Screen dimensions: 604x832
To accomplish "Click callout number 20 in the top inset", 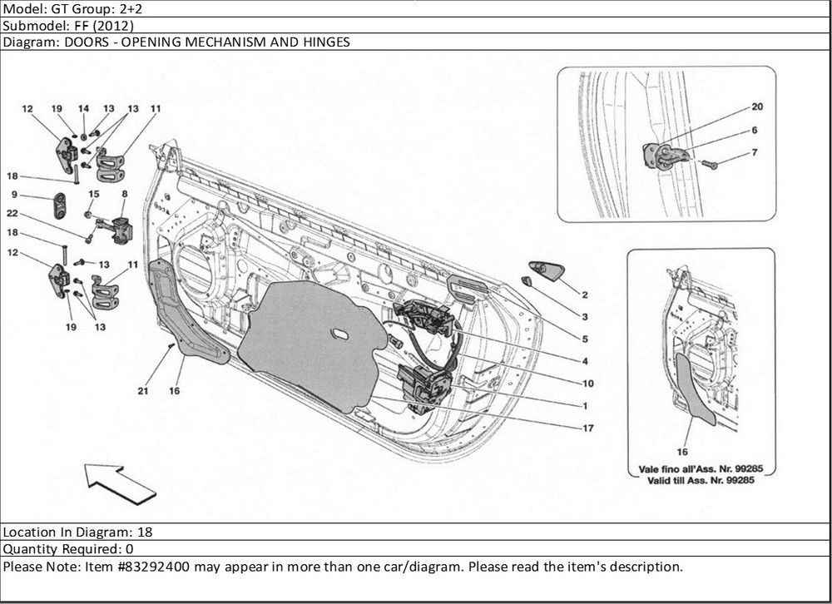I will [x=757, y=106].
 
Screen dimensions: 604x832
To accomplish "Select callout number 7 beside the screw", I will [x=754, y=153].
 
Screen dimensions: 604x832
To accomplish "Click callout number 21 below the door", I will [x=143, y=390].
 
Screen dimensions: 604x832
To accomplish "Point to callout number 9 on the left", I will [x=14, y=195].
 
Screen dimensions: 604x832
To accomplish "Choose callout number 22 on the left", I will [x=14, y=214].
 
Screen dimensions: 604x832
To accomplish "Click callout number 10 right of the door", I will [x=587, y=384].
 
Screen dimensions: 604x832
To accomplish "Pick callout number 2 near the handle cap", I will [x=585, y=295].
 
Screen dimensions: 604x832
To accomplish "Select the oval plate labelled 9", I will [x=60, y=205].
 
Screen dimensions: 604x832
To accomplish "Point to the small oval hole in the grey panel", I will [x=341, y=334].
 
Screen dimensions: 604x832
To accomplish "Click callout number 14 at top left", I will [x=83, y=109].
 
